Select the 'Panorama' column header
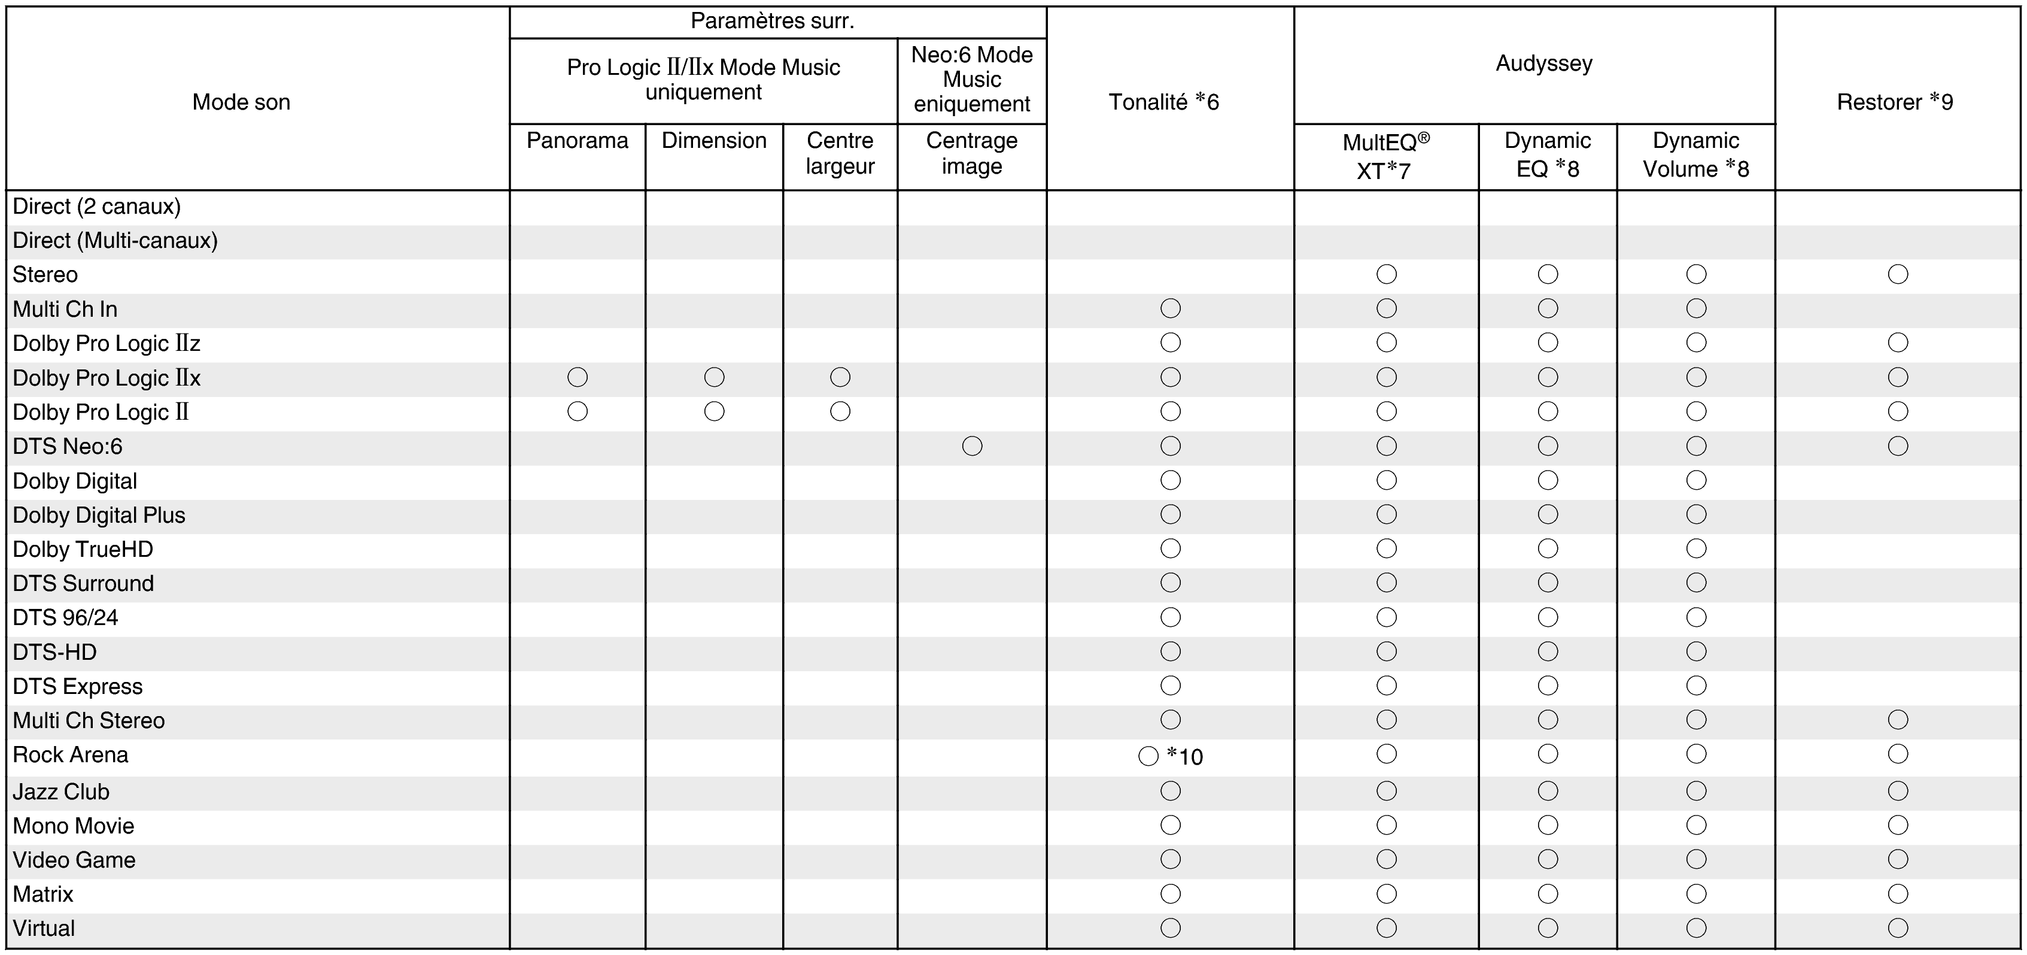(x=577, y=141)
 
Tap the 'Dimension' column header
(x=714, y=141)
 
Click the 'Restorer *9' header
(x=1894, y=102)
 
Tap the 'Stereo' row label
(x=45, y=275)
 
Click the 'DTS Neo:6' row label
(x=68, y=447)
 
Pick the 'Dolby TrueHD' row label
(x=83, y=550)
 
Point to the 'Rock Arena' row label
(x=70, y=755)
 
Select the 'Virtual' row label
(x=44, y=928)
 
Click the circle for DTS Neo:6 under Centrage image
(x=972, y=447)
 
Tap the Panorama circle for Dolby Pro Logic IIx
(x=577, y=377)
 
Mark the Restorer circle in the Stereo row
(x=1897, y=274)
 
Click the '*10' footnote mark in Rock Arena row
(x=1185, y=757)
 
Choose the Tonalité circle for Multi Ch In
(x=1170, y=308)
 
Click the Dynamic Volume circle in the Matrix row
(x=1695, y=893)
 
